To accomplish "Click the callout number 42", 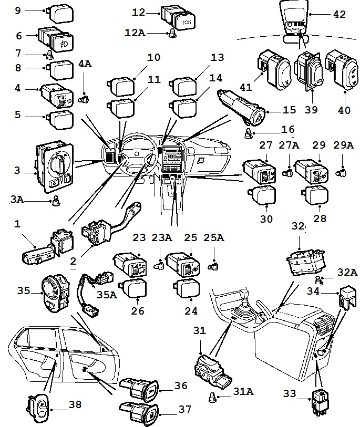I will coord(339,15).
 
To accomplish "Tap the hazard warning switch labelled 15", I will coord(243,106).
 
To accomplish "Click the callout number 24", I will coord(191,311).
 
